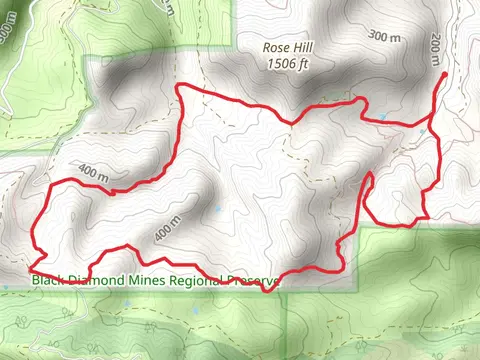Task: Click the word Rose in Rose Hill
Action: [276, 47]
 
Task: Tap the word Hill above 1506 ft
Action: [300, 47]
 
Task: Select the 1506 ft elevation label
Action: [288, 63]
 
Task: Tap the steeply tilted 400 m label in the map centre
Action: [167, 229]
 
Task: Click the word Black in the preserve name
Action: [50, 280]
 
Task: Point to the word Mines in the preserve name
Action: [146, 280]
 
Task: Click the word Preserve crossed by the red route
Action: [253, 280]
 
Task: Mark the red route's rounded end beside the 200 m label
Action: [444, 74]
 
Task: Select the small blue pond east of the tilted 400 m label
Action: [219, 210]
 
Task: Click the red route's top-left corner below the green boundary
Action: [178, 87]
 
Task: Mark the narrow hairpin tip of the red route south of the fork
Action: [371, 175]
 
